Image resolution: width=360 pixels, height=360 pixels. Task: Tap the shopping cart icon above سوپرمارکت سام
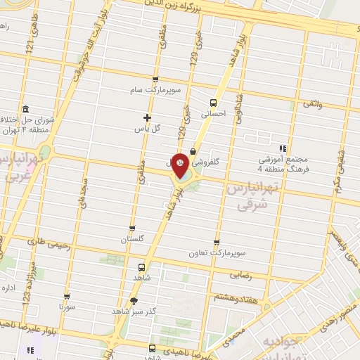155,79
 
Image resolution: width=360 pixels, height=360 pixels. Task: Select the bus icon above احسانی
213,103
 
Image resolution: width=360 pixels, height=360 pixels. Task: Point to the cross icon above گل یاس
147,117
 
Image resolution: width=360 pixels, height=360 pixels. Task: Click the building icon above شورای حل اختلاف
25,109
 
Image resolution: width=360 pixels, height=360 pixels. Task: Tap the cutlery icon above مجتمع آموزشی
283,148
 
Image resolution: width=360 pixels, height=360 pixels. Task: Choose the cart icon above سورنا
67,297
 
